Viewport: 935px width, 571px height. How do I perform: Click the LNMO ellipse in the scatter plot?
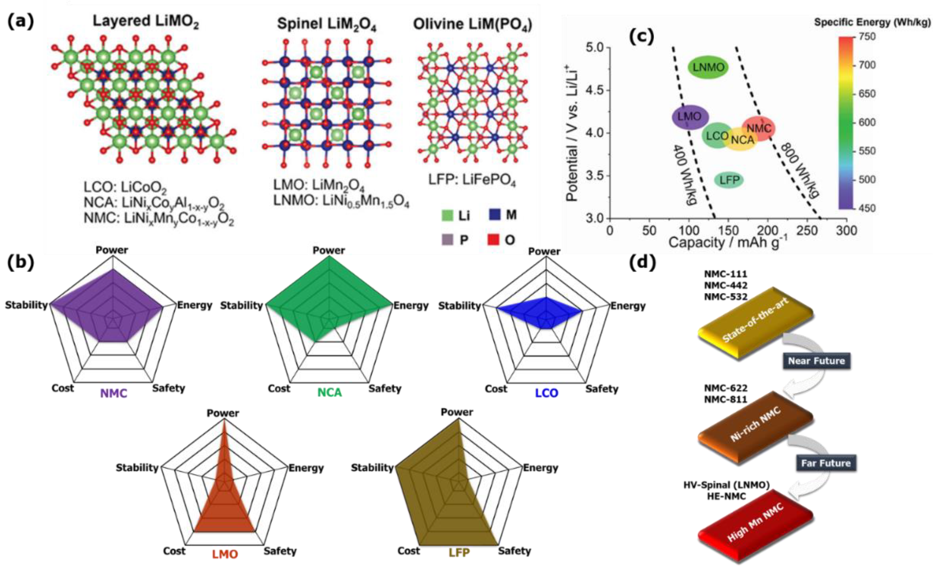tap(708, 68)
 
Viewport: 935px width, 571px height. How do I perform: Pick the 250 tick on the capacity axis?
tap(807, 230)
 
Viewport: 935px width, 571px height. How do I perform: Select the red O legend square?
tap(493, 240)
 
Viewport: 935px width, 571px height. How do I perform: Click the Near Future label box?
tap(816, 361)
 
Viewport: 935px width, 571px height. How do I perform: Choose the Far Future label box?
tap(826, 463)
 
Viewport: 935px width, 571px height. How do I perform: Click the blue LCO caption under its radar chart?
tap(546, 393)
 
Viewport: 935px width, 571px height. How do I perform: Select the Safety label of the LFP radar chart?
tap(514, 551)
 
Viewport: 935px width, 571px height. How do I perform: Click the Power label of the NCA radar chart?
tap(328, 251)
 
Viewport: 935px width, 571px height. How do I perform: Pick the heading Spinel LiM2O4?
tap(326, 24)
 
